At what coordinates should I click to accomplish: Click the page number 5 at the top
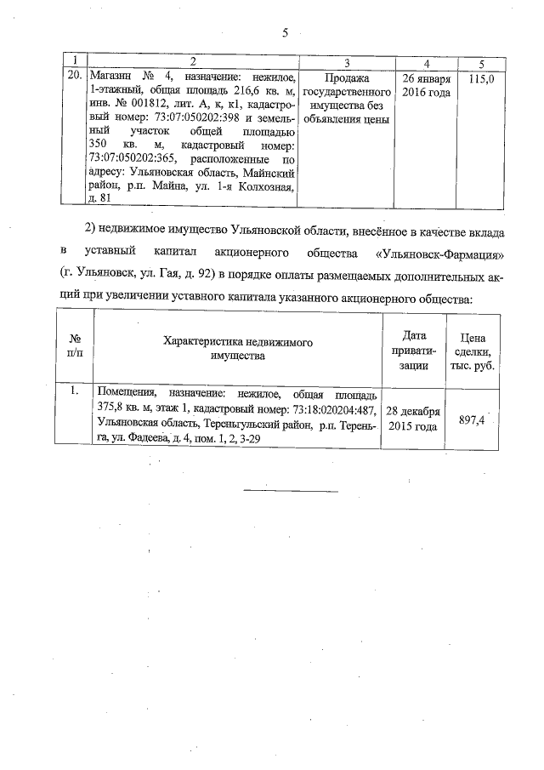[x=286, y=33]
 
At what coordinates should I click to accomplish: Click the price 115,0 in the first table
[x=481, y=78]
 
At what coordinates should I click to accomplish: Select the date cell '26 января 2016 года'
[x=425, y=85]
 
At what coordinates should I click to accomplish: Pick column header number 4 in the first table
[x=425, y=63]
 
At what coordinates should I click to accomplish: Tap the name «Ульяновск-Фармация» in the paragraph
[x=439, y=254]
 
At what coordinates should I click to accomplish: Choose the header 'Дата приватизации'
[x=413, y=348]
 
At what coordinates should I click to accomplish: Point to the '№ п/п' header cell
[x=76, y=348]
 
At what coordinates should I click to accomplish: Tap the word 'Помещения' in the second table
[x=127, y=394]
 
